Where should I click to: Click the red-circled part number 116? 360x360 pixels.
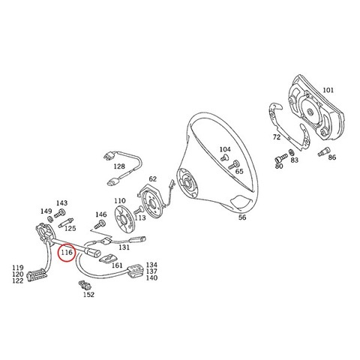click(67, 252)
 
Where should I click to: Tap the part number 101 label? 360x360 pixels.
click(328, 90)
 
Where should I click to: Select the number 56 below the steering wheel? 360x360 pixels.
click(242, 217)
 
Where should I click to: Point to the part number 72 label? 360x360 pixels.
click(277, 137)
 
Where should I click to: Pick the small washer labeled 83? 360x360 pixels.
click(291, 152)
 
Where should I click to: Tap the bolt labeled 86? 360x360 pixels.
click(324, 151)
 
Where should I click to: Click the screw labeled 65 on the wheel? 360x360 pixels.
click(233, 165)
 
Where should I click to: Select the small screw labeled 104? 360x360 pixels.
click(224, 158)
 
